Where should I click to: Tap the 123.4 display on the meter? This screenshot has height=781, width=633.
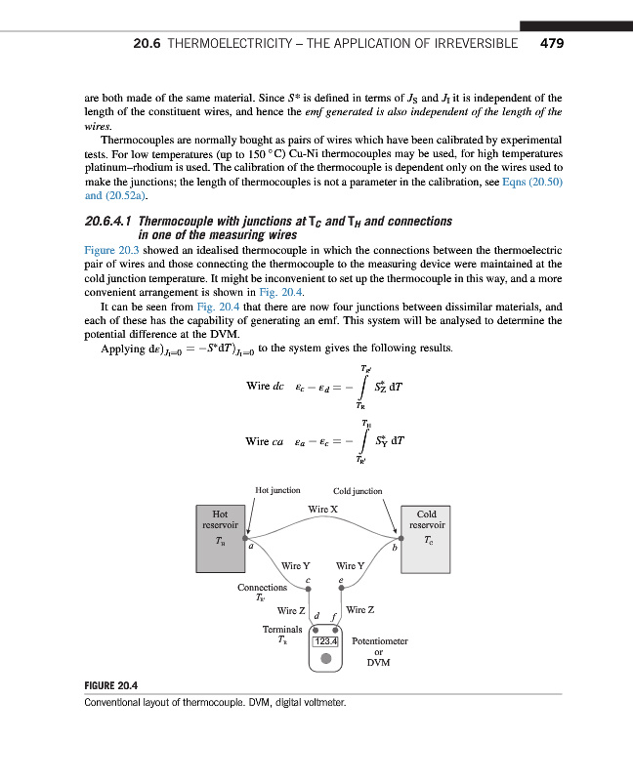point(324,641)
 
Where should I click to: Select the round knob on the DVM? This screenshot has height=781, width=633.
point(324,660)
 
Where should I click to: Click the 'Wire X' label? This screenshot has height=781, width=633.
point(322,509)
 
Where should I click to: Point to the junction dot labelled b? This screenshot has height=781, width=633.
point(399,537)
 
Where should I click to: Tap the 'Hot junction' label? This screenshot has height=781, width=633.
point(277,490)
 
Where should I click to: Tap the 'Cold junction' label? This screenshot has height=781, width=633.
point(358,490)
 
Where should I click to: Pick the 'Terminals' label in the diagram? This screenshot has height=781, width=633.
point(281,630)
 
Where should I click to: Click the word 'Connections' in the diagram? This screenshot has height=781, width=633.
point(262,587)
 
